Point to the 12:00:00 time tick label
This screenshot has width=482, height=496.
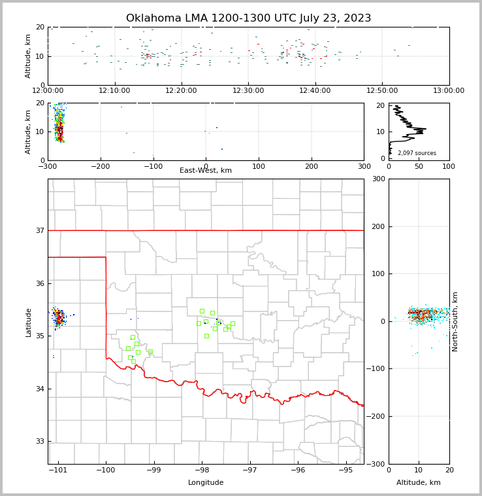coord(48,90)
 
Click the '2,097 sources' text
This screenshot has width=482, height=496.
coord(417,153)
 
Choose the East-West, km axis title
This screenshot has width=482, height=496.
coord(206,171)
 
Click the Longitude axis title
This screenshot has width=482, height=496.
coord(206,483)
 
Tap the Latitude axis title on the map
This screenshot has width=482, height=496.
coord(28,322)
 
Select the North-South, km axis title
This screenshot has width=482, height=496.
coord(455,321)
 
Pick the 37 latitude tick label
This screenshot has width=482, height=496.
coord(40,230)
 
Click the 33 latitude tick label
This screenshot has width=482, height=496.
coord(40,441)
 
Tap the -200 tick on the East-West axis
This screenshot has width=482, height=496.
coord(100,166)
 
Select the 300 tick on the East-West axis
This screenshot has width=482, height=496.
coord(364,166)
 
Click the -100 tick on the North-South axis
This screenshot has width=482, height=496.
coord(376,369)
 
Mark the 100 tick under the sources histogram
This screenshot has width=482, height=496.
coord(449,166)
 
